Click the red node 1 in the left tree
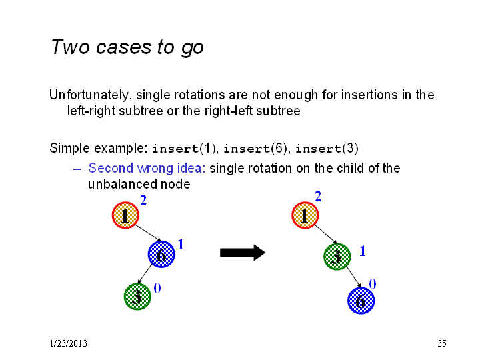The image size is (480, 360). pyautogui.click(x=125, y=215)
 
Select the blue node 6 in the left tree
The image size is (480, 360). pyautogui.click(x=161, y=254)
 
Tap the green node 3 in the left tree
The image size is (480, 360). pyautogui.click(x=137, y=297)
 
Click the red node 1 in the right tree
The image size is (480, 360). pyautogui.click(x=305, y=215)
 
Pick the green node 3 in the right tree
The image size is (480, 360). pyautogui.click(x=337, y=257)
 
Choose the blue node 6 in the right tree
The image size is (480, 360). pyautogui.click(x=361, y=301)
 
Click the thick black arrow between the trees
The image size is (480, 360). pyautogui.click(x=243, y=253)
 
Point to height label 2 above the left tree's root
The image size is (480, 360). pyautogui.click(x=143, y=201)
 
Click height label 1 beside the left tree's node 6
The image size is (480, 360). pyautogui.click(x=181, y=244)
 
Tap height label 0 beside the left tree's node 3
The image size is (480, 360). pyautogui.click(x=157, y=288)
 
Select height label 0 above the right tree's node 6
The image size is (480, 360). pyautogui.click(x=373, y=284)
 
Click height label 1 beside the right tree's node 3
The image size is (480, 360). pyautogui.click(x=363, y=251)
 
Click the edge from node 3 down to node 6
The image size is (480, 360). pyautogui.click(x=354, y=277)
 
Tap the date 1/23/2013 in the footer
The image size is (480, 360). pyautogui.click(x=68, y=343)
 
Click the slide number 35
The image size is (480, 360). pyautogui.click(x=442, y=343)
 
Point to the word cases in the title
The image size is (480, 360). pyautogui.click(x=124, y=47)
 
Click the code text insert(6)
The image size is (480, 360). pyautogui.click(x=255, y=149)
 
